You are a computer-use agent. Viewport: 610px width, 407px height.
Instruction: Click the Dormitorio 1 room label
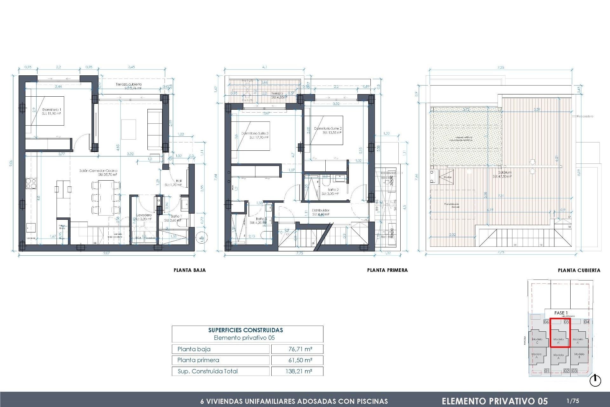[51, 110]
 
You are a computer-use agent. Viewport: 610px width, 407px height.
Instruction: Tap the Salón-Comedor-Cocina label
[98, 171]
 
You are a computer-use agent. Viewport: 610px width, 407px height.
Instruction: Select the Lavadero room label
[144, 215]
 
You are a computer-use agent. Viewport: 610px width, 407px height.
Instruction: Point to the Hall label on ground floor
[179, 181]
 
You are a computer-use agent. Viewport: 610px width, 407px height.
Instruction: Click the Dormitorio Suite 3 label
[255, 134]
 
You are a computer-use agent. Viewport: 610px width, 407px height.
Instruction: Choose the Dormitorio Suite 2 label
[328, 128]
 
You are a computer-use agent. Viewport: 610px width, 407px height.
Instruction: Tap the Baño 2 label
[333, 190]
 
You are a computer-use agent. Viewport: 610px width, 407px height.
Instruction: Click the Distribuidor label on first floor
[320, 210]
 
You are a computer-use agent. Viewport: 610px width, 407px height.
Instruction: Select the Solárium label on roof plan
[505, 172]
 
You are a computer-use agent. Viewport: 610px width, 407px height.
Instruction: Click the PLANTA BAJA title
[190, 270]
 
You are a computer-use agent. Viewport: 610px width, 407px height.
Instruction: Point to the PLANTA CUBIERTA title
[579, 271]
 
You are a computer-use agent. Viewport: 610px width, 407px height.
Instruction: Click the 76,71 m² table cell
[300, 349]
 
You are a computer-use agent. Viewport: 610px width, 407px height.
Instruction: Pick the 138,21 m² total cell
[299, 371]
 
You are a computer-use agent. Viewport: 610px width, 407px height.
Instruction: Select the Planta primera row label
[198, 360]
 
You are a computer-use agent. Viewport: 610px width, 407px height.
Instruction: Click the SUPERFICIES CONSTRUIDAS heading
[245, 330]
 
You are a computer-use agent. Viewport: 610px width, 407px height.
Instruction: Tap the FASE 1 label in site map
[561, 313]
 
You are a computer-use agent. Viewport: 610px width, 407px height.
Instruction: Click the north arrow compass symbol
[595, 381]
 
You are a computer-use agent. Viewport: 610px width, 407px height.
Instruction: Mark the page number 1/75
[573, 401]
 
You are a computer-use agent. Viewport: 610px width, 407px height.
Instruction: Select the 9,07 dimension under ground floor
[106, 253]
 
